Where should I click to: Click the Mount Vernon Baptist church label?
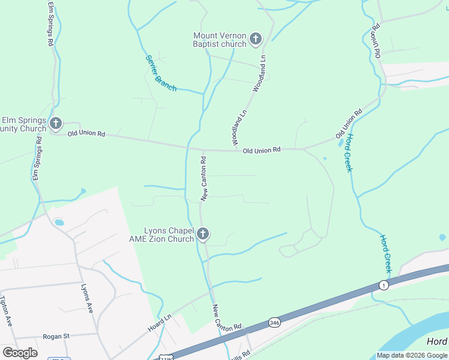point(220,40)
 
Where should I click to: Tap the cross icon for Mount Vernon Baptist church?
point(255,40)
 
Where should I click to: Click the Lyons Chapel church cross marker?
point(203,234)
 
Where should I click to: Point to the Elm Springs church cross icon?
point(56,124)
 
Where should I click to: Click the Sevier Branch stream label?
point(161,73)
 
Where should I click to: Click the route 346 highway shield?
point(274,322)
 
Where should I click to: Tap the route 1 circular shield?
point(384,285)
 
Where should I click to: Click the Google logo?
point(20,353)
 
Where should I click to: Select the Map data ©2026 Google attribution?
point(412,355)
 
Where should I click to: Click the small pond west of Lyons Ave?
point(59,223)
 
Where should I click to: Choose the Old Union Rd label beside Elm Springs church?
point(86,133)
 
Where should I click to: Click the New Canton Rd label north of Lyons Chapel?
point(204,178)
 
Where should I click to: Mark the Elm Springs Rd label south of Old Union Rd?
point(37,159)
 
